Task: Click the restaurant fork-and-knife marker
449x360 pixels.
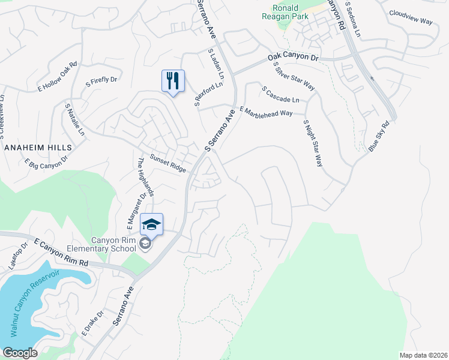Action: [173, 80]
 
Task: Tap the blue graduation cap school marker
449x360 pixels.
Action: [152, 224]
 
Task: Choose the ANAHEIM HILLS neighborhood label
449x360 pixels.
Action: [37, 147]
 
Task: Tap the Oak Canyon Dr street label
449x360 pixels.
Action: [293, 58]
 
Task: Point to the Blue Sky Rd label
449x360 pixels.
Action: [379, 136]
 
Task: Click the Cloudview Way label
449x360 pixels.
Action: [411, 17]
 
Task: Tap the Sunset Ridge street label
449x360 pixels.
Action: [167, 164]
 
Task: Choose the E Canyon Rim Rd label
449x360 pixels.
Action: [61, 254]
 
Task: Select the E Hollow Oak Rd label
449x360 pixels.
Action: [58, 77]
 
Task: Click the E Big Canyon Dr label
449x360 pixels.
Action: [46, 163]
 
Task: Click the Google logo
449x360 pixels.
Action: [20, 352]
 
